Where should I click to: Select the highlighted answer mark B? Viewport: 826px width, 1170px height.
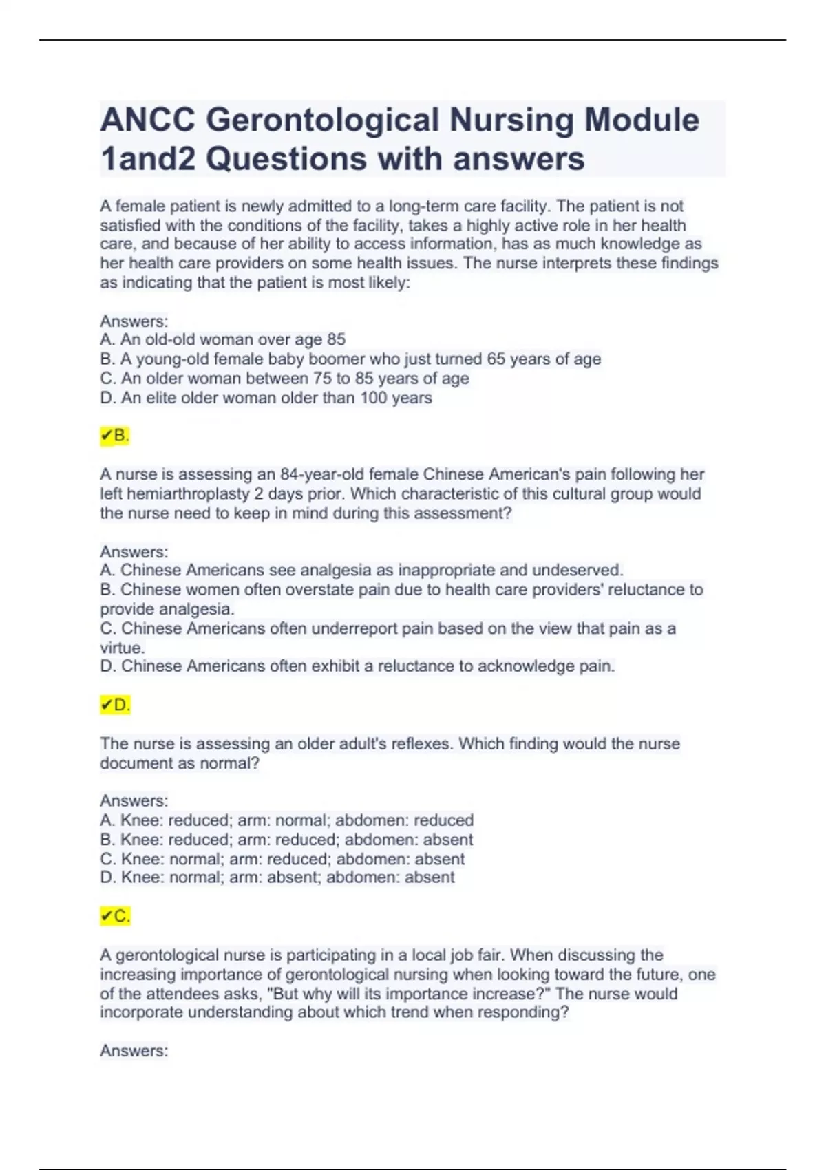pos(115,436)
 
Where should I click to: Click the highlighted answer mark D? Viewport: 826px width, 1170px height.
pos(115,705)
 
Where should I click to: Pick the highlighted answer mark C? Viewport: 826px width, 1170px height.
pos(115,916)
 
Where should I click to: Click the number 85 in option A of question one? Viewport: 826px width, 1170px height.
pos(336,339)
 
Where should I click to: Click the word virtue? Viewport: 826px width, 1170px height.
pos(122,648)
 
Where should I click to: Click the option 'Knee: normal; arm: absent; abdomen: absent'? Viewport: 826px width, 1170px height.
pos(287,877)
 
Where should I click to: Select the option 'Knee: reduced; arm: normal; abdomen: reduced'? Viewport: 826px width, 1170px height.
pos(297,820)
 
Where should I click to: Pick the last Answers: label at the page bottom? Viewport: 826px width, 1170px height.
pos(134,1051)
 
